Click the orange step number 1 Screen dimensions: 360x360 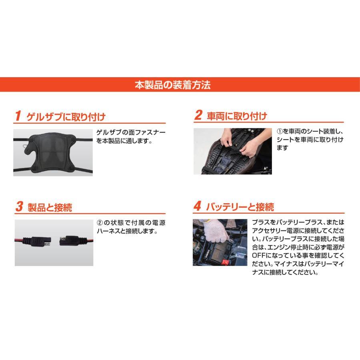point(18,116)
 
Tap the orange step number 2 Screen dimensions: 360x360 point(198,116)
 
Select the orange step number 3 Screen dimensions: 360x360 point(19,207)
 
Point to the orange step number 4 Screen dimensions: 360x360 point(197,207)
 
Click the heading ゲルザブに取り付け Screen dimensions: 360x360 point(66,117)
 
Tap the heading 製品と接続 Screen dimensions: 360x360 point(50,207)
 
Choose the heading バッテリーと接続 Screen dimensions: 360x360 point(240,207)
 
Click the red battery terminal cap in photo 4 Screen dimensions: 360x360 point(226,261)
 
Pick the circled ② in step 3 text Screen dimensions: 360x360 point(100,223)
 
